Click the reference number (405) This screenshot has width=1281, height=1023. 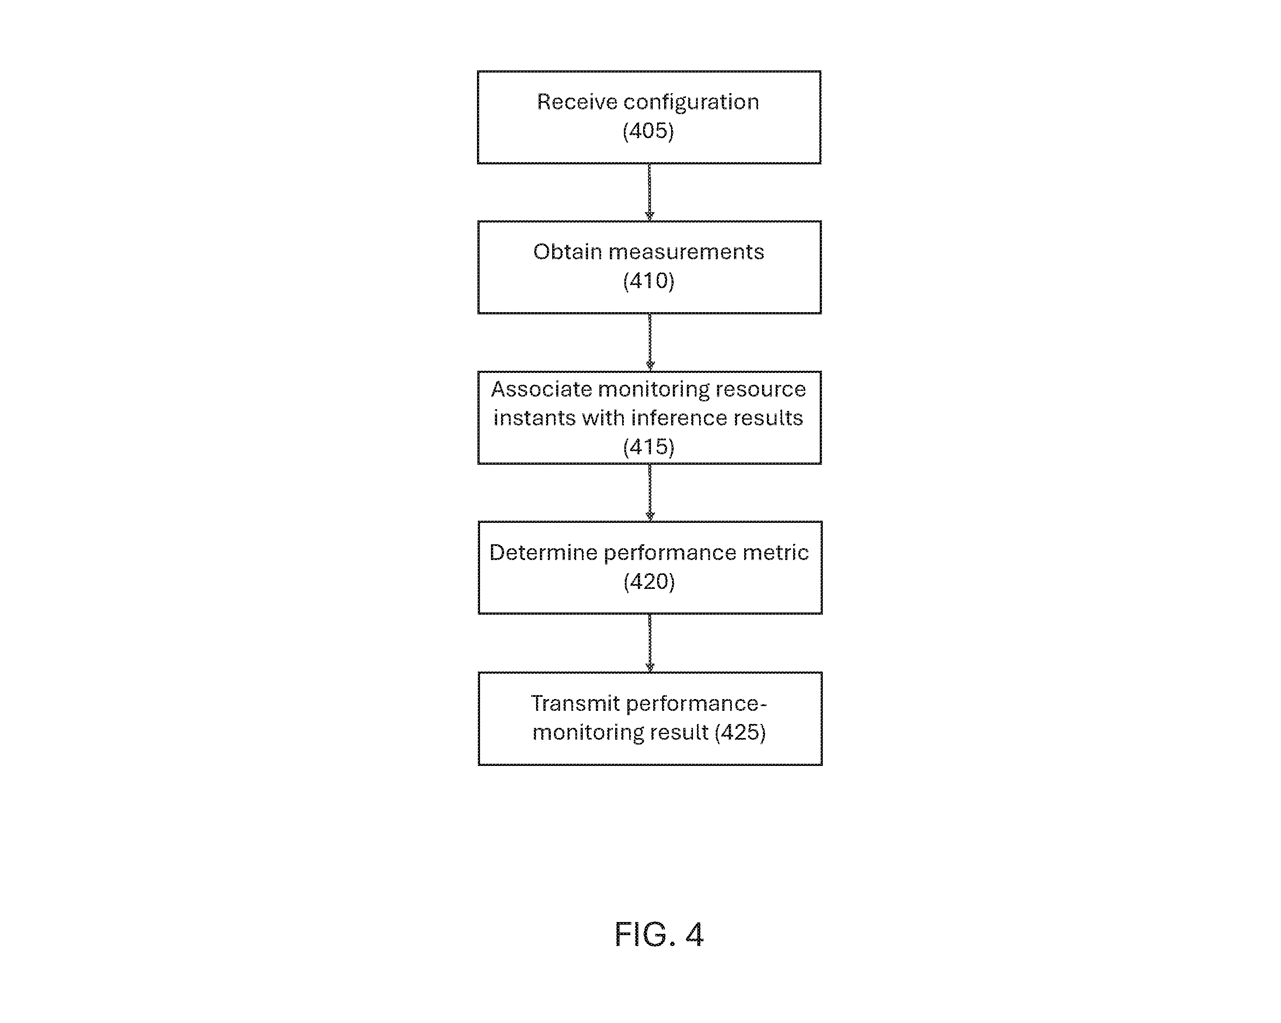click(x=648, y=131)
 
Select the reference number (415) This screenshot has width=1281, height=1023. click(x=649, y=447)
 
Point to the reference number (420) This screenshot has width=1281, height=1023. click(x=649, y=581)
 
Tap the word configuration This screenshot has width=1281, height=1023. click(x=691, y=103)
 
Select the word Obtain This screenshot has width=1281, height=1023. click(x=567, y=252)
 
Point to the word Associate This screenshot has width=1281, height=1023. click(x=541, y=389)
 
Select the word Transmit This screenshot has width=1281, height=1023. click(x=576, y=703)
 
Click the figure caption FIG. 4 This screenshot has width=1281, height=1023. click(x=659, y=935)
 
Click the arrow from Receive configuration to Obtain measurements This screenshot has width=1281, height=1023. click(x=649, y=192)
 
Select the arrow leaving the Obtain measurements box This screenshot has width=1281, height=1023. click(x=650, y=342)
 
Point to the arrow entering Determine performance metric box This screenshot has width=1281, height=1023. click(x=650, y=493)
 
